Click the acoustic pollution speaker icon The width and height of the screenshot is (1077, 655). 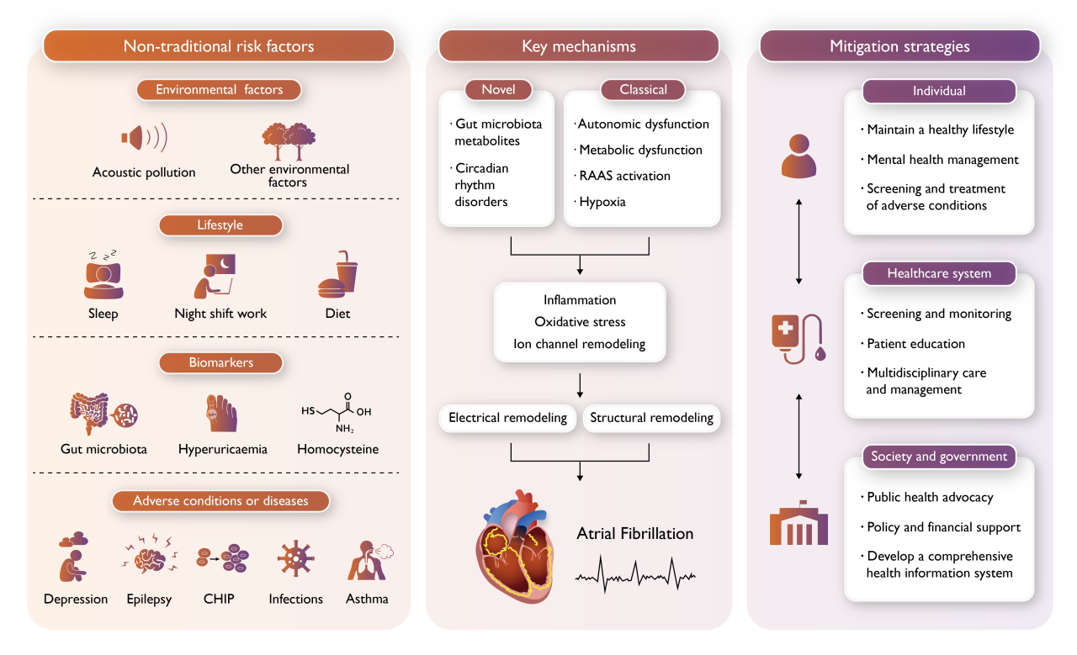[x=144, y=137]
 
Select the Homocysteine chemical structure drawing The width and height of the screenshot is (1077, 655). [x=337, y=412]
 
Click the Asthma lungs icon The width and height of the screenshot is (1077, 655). [x=368, y=558]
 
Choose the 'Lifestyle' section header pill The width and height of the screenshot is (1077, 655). [x=220, y=225]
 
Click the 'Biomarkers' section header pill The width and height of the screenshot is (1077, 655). [x=220, y=363]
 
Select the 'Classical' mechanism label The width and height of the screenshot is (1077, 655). [x=644, y=90]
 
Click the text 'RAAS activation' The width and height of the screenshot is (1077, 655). [x=625, y=176]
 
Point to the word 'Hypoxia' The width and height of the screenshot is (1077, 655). [x=602, y=202]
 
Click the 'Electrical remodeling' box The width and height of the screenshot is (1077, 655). [x=507, y=418]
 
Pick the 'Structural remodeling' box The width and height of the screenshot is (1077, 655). [x=651, y=418]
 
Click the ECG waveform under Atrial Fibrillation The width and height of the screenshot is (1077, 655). [x=635, y=577]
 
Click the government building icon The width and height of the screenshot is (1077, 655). [x=798, y=523]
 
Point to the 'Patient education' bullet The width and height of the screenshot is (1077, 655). [x=915, y=343]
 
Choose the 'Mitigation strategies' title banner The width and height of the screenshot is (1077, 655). [x=899, y=46]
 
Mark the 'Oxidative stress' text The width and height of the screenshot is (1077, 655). [x=580, y=322]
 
